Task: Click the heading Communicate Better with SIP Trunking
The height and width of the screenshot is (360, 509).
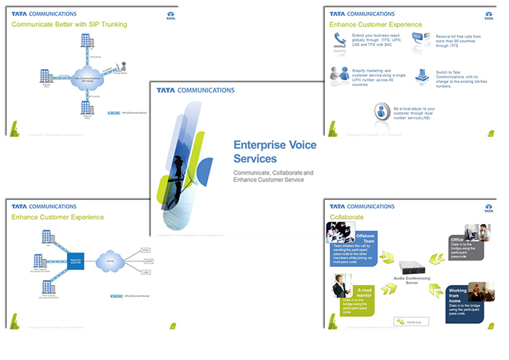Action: (x=69, y=25)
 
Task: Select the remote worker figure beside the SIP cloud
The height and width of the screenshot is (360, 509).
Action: (x=123, y=67)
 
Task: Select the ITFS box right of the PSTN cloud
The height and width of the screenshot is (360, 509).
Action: (x=145, y=249)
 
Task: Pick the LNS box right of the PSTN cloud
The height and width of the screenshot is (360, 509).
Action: (x=145, y=271)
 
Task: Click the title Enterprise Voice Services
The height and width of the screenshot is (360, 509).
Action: (x=274, y=151)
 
